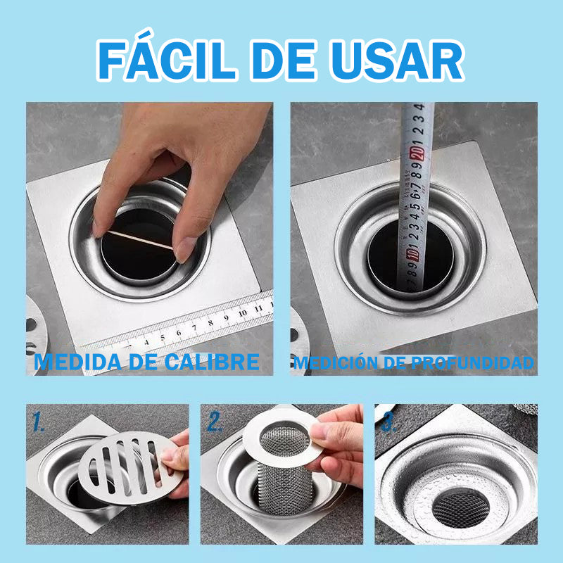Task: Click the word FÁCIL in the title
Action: point(167,57)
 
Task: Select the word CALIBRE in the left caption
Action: point(213,362)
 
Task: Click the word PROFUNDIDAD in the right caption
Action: point(472,362)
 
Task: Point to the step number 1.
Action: point(39,421)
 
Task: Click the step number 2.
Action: point(215,421)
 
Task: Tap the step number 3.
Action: point(389,423)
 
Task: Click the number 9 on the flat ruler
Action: point(226,318)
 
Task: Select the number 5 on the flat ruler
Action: point(163,338)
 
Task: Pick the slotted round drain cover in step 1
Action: point(129,467)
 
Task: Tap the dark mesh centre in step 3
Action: point(461,509)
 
